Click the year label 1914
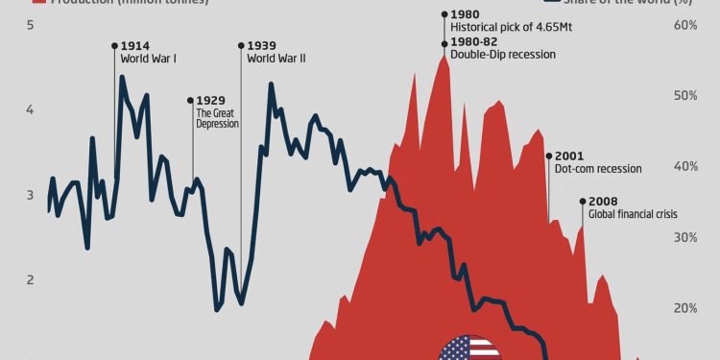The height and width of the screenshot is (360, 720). (x=135, y=45)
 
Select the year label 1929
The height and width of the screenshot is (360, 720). (x=211, y=100)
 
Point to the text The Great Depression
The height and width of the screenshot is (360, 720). (x=215, y=117)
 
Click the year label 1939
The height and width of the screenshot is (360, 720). (x=262, y=45)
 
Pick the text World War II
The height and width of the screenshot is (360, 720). (x=276, y=59)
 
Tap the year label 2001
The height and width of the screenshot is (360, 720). (x=568, y=156)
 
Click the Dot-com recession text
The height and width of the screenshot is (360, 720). (x=597, y=169)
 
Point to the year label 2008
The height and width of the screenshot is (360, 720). (x=603, y=202)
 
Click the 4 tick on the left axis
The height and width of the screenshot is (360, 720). (x=31, y=110)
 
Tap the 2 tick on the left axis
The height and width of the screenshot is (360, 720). (x=31, y=280)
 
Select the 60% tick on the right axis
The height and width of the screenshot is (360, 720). (x=684, y=25)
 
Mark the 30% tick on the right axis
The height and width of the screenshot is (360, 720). (x=684, y=237)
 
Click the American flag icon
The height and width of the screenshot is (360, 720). (x=469, y=348)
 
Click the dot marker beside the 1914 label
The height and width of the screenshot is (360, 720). (x=114, y=45)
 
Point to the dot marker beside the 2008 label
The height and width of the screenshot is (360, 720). (x=582, y=202)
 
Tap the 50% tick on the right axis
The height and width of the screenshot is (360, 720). (x=684, y=96)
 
